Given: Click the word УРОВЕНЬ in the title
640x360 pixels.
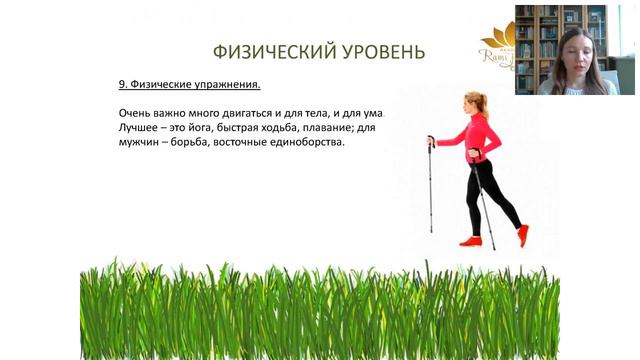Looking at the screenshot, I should coord(375,52).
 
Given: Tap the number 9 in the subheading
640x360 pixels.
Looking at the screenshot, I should coord(121,85).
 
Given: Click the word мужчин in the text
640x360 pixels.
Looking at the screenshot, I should coord(137,143).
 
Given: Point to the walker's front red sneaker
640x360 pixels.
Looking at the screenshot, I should coord(470,241).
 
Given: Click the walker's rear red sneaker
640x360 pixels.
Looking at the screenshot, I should coord(522,236).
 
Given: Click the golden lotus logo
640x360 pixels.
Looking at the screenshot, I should coord(497,40).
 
